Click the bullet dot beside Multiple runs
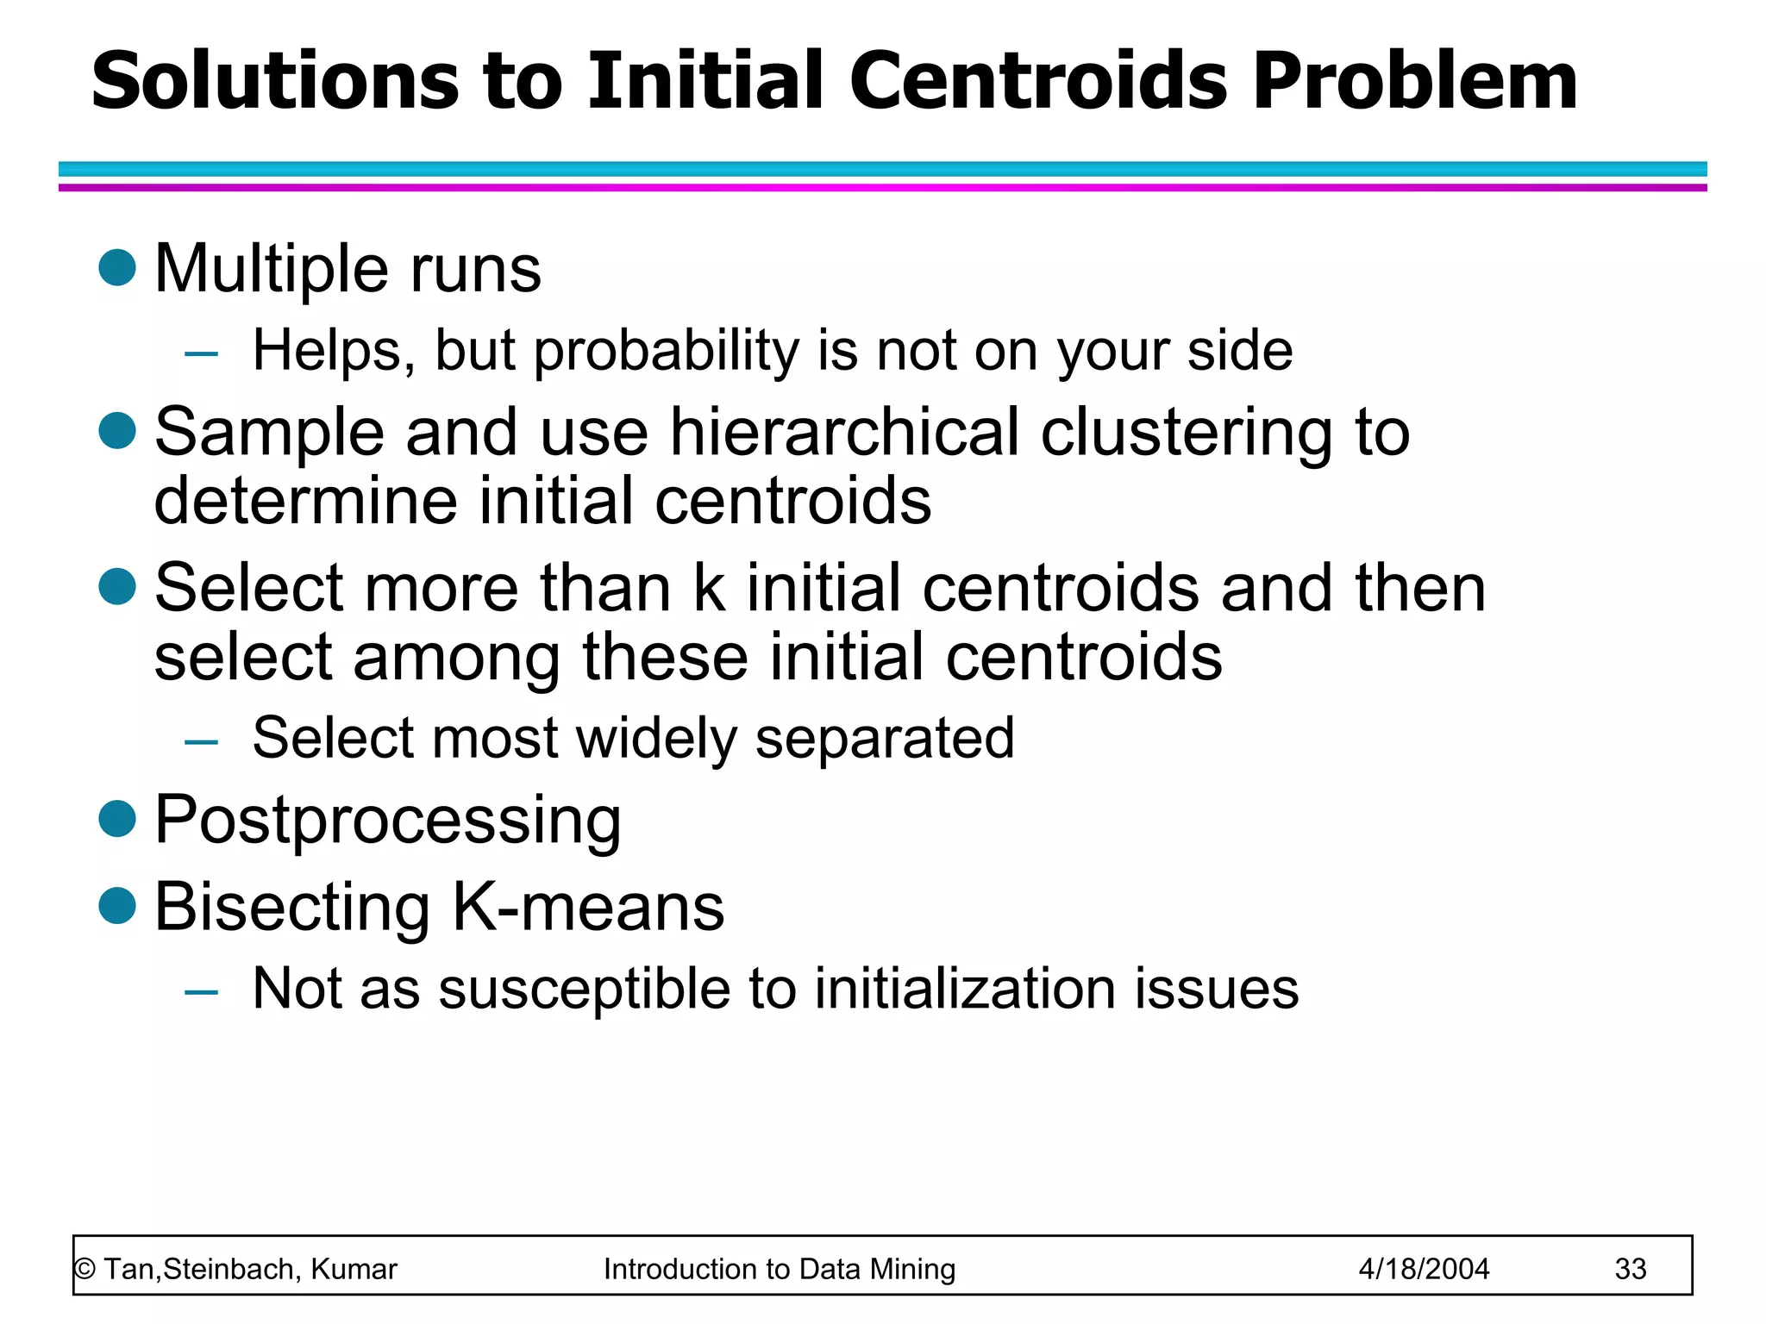117,267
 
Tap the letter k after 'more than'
709,588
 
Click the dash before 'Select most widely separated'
201,741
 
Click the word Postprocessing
387,821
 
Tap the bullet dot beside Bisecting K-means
117,906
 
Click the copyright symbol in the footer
85,1270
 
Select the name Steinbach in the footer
230,1270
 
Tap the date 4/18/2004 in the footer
1424,1270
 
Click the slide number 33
1630,1270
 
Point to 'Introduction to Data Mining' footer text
780,1270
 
